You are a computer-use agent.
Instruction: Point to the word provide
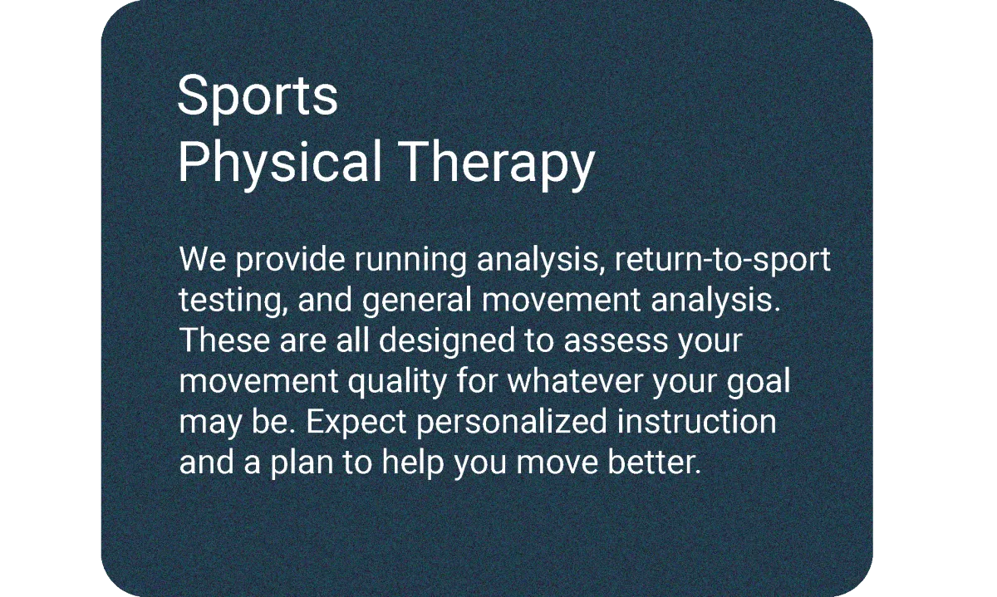[x=290, y=260]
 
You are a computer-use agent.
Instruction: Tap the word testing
[x=232, y=301]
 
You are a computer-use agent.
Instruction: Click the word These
[x=225, y=341]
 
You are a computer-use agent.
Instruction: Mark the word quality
[x=397, y=382]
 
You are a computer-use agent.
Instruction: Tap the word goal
[x=759, y=382]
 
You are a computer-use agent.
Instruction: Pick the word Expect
[x=356, y=422]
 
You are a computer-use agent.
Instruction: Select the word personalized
[x=512, y=422]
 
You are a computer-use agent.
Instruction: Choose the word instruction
[x=696, y=421]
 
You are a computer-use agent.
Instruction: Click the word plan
[x=302, y=463]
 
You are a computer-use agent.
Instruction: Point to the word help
[x=413, y=463]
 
